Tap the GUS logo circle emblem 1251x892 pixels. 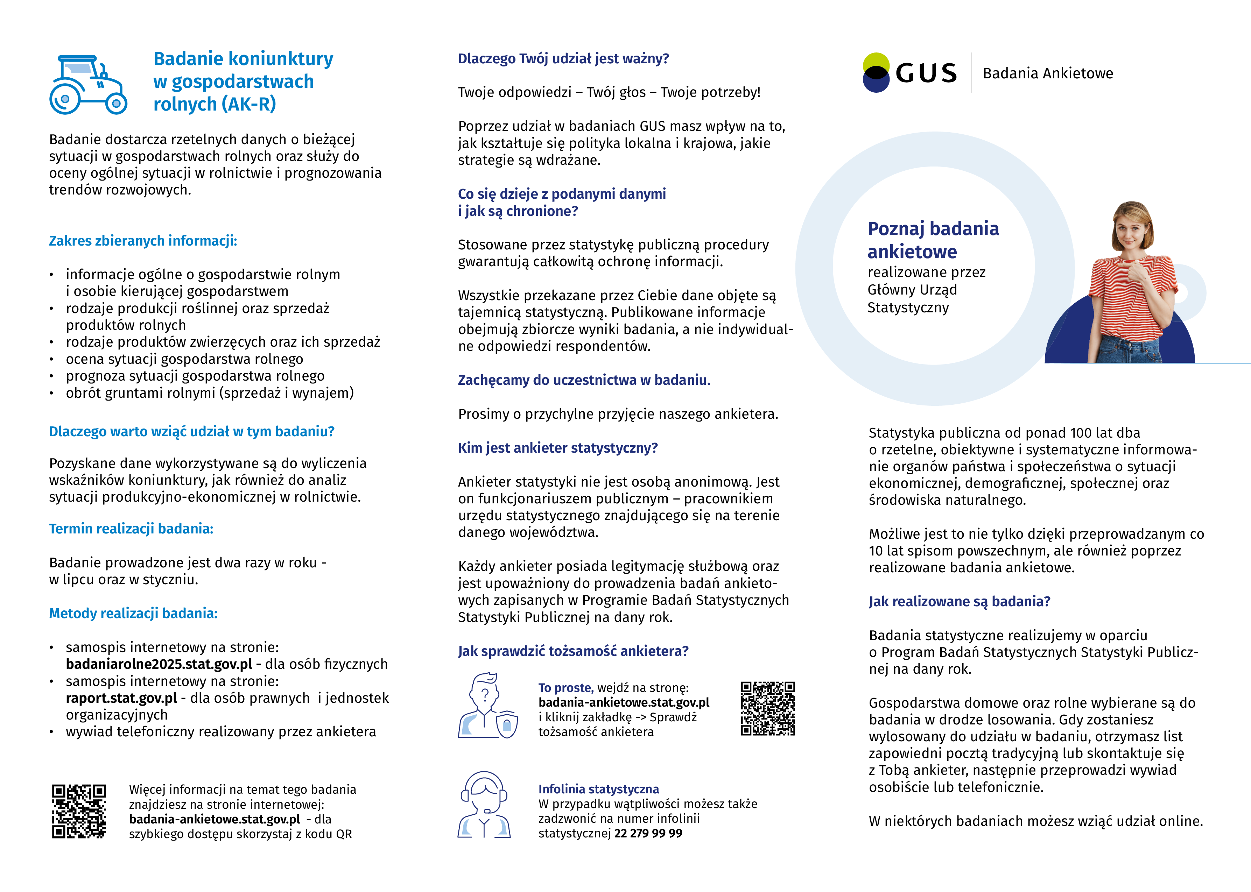[x=876, y=72]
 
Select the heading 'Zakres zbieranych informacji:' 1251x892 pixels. [x=143, y=241]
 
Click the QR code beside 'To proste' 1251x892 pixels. [x=767, y=709]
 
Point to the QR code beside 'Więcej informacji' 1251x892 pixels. [x=79, y=811]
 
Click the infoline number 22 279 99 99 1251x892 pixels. [x=648, y=833]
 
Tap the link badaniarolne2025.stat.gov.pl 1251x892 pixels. [x=159, y=664]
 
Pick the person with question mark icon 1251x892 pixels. [x=486, y=706]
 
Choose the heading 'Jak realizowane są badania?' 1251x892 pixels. [x=959, y=601]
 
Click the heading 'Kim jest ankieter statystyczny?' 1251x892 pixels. [x=558, y=448]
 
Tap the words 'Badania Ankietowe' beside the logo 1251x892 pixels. [x=1048, y=73]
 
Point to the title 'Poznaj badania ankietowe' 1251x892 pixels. [x=933, y=240]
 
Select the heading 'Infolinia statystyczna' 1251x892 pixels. [x=598, y=789]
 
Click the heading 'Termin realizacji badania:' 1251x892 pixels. [x=131, y=529]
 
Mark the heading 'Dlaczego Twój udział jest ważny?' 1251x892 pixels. [x=563, y=59]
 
